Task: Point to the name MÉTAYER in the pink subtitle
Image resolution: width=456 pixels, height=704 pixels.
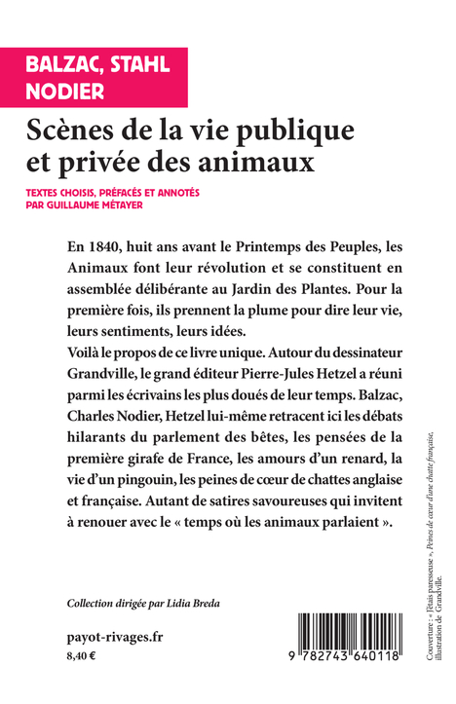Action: [x=170, y=205]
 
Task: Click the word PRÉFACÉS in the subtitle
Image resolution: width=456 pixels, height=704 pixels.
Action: [x=128, y=192]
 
